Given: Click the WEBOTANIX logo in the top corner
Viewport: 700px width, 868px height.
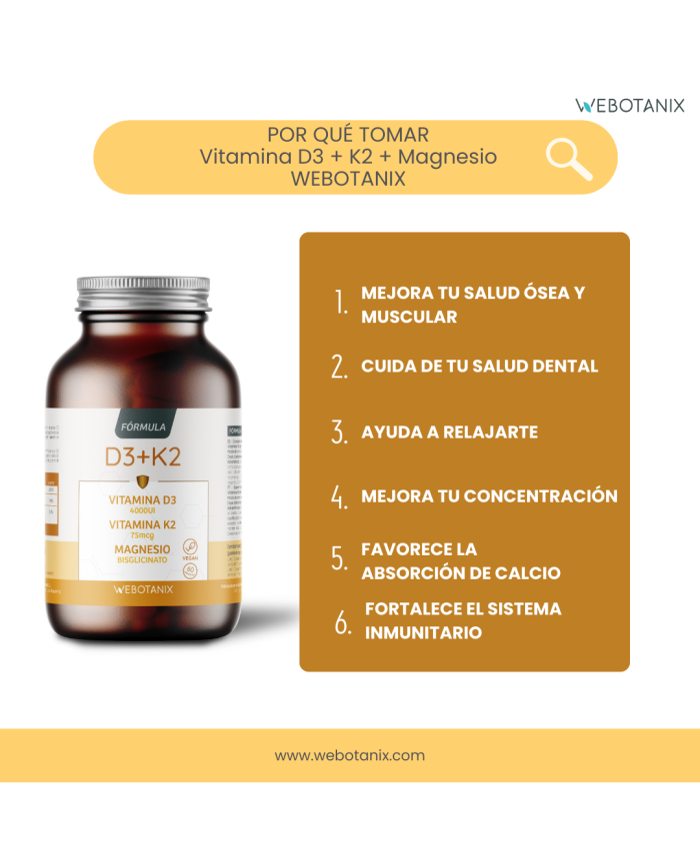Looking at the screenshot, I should (x=630, y=105).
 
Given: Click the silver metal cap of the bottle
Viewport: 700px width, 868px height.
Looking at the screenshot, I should (x=143, y=296).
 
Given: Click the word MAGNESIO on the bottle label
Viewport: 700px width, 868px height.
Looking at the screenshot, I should (x=142, y=548).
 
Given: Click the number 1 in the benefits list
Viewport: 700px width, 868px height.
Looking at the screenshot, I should (x=340, y=304).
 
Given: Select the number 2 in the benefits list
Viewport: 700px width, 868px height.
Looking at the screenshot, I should (x=340, y=367).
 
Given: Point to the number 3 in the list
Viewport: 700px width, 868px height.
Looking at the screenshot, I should (x=340, y=433).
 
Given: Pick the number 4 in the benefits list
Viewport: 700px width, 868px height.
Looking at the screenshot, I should (x=340, y=496).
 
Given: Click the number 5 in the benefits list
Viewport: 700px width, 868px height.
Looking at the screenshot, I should (x=340, y=560).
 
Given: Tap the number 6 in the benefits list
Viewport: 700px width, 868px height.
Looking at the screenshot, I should (x=343, y=622).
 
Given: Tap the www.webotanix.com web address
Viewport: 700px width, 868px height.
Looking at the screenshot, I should (x=350, y=755).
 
